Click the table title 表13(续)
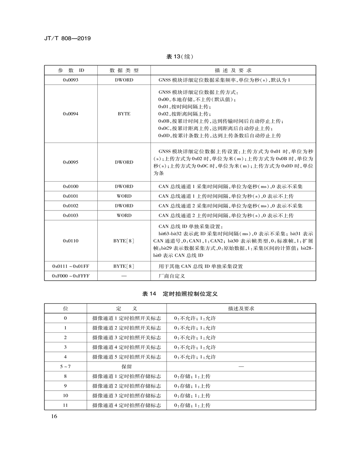point(180,57)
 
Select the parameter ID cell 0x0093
point(71,80)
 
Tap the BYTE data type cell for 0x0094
point(124,114)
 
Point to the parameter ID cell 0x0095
point(71,162)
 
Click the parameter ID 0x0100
point(71,186)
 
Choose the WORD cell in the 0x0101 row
point(124,196)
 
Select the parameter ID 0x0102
point(71,206)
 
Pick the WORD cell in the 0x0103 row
point(124,215)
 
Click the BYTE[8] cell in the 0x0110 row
point(124,241)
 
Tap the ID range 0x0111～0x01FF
point(71,266)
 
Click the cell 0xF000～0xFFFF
point(71,276)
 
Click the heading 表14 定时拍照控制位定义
point(180,294)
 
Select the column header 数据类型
point(124,71)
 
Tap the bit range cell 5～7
point(65,366)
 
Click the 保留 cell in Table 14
point(127,366)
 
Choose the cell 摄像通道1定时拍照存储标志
point(127,376)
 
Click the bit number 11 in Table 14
point(65,405)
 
